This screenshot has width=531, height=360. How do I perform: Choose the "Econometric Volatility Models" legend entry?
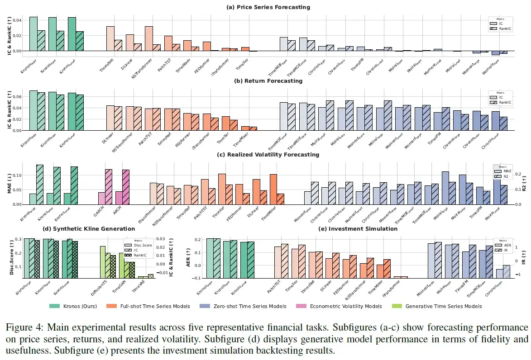[345, 306]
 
